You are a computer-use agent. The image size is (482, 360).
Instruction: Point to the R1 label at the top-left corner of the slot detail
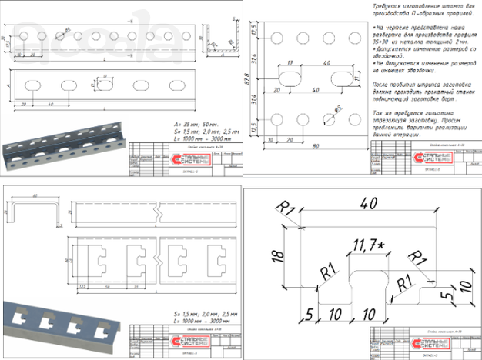pos(288,209)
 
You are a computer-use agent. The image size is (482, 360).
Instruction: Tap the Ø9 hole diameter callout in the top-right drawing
pos(337,108)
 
